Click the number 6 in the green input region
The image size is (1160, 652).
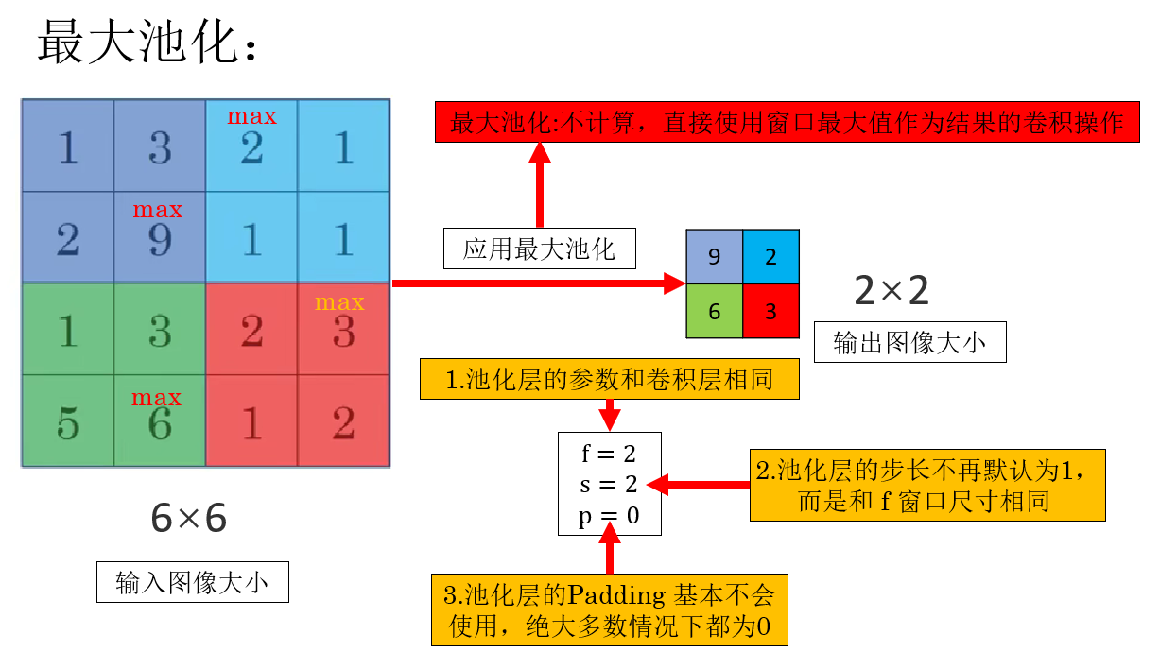(x=160, y=424)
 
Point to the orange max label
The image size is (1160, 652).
(x=339, y=302)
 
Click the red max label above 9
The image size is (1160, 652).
(x=158, y=210)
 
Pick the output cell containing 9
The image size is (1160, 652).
(x=714, y=256)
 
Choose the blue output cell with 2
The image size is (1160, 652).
(x=770, y=256)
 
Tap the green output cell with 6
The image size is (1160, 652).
(x=714, y=311)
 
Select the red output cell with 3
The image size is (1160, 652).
(x=770, y=311)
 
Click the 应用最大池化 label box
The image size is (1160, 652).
(x=539, y=249)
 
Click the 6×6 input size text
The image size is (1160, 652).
(x=189, y=518)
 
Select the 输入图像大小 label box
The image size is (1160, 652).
(x=192, y=582)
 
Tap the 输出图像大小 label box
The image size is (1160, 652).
(x=909, y=342)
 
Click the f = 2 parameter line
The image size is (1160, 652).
(x=609, y=455)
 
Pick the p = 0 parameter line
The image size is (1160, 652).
(x=609, y=516)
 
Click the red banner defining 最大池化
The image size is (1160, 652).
(x=787, y=123)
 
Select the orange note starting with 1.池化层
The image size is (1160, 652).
(x=610, y=379)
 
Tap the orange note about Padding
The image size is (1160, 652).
(x=610, y=609)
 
